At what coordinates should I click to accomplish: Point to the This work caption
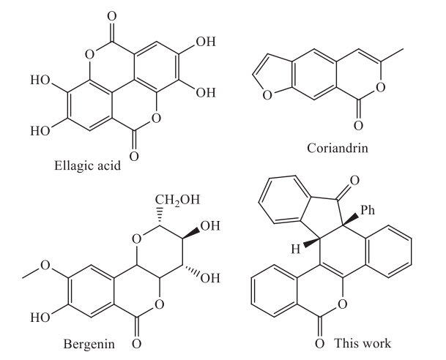[364, 342]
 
